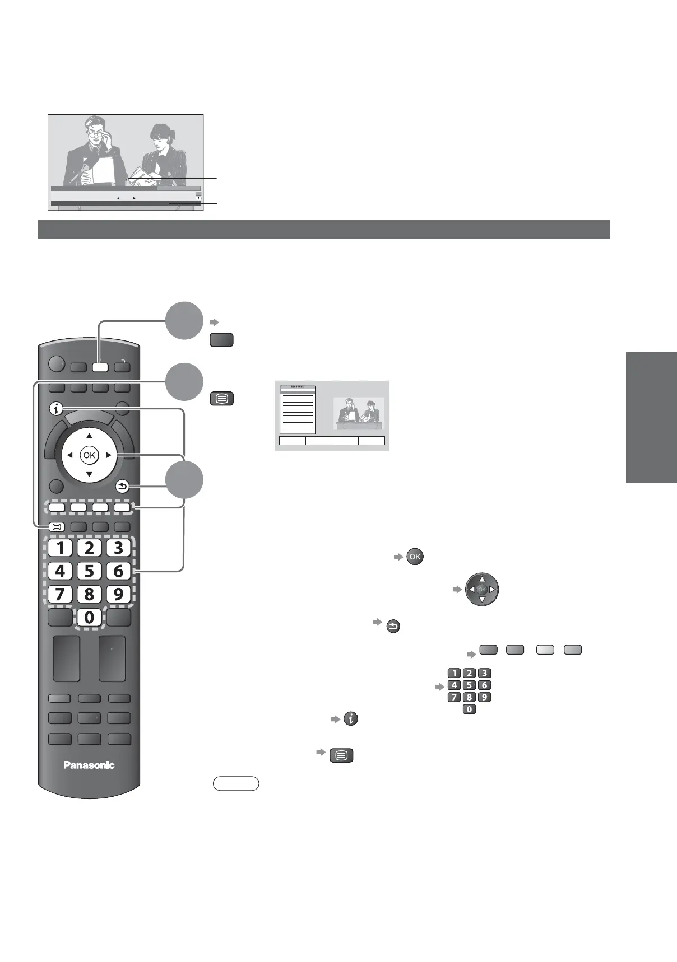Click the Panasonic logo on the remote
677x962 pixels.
89,765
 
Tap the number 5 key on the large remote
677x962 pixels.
89,571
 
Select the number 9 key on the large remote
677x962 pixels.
118,594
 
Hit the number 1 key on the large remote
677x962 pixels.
60,548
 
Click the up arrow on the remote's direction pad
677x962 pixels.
89,436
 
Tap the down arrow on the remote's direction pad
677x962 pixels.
89,475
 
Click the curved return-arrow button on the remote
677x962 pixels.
123,486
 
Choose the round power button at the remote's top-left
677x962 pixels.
56,365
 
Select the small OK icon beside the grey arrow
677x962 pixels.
415,557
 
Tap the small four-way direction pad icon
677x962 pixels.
482,589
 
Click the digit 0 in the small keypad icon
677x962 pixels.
469,709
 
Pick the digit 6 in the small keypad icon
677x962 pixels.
484,685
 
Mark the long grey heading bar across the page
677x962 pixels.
324,230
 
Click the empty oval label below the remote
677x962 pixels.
236,783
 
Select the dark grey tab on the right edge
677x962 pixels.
651,417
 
